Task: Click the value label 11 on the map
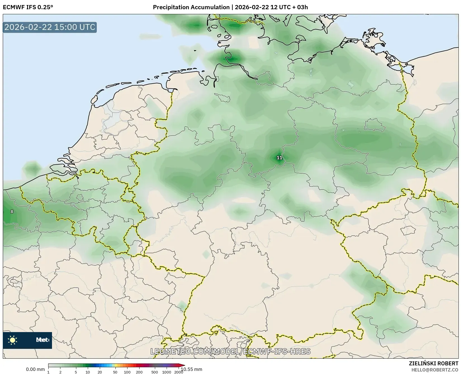point(279,158)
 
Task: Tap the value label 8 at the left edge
point(12,212)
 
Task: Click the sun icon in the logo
point(13,340)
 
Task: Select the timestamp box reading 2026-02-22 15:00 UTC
point(50,27)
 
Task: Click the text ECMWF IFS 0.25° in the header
point(28,7)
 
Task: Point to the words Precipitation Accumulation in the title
point(191,7)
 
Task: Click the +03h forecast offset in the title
point(302,7)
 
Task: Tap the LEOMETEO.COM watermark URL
point(230,351)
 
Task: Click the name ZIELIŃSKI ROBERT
point(434,364)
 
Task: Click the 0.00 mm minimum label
point(35,370)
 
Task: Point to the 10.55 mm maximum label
point(192,370)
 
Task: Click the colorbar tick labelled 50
point(115,372)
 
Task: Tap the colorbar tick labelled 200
point(139,372)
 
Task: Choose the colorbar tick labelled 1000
point(167,372)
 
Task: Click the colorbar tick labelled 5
point(76,372)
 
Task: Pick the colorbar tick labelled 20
point(100,372)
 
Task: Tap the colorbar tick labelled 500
point(155,372)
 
